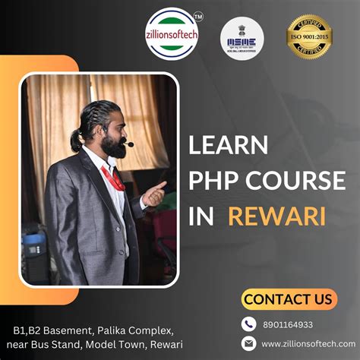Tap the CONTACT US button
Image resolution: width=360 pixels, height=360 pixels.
click(x=289, y=299)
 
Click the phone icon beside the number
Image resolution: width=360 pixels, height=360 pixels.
click(x=248, y=324)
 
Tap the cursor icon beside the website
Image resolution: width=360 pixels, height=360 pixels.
click(x=248, y=343)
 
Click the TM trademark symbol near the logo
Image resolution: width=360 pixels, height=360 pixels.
click(x=199, y=16)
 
